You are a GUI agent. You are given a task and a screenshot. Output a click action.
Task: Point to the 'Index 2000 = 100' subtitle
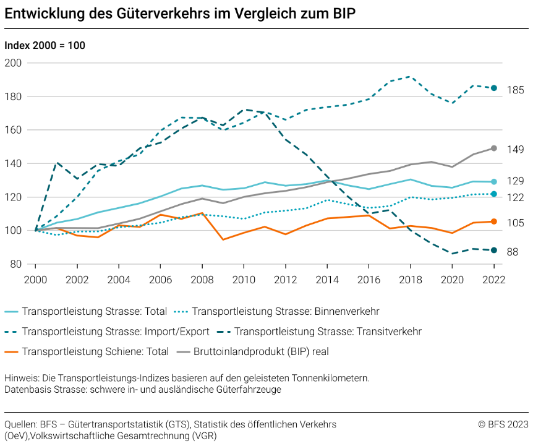click(45, 45)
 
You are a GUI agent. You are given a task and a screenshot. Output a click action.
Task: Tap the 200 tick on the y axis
click(13, 63)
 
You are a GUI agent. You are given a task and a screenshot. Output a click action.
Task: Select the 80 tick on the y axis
click(15, 264)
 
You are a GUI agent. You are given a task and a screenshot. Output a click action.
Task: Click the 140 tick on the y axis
click(13, 164)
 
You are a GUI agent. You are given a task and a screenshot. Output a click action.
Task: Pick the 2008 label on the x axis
click(202, 279)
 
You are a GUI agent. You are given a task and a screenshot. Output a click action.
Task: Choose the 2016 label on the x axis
click(369, 279)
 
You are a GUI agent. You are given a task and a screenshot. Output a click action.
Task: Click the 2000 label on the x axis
click(35, 279)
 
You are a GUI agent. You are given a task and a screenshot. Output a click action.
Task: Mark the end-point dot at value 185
click(494, 88)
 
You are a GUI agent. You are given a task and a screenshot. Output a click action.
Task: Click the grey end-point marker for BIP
click(494, 148)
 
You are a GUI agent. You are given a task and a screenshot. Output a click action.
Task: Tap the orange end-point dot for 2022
click(494, 221)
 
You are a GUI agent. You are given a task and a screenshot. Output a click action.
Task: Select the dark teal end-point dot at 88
click(494, 251)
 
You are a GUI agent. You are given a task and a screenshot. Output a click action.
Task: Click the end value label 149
click(515, 149)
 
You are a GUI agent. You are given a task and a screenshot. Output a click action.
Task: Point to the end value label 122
click(515, 197)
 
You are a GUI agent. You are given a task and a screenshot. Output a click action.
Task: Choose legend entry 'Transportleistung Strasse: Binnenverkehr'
click(286, 311)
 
